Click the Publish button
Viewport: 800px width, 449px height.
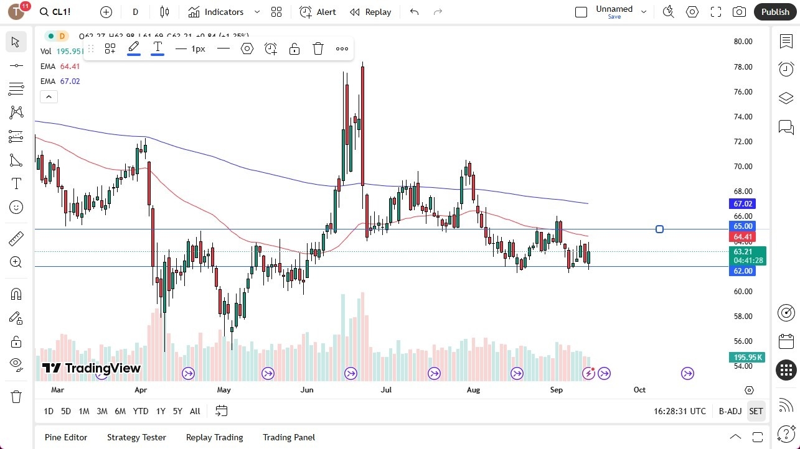pos(774,12)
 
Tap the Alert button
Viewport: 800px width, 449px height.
pos(318,12)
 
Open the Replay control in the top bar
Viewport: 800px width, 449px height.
pos(370,12)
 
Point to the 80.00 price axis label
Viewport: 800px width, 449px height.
pos(743,42)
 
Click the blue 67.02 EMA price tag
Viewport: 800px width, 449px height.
pos(743,204)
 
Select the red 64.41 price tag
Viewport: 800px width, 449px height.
pos(743,237)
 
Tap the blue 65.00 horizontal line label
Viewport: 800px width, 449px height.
pos(743,226)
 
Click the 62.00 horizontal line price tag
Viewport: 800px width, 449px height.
pos(743,271)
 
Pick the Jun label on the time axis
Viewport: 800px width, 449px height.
pos(307,390)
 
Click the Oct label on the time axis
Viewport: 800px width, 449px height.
pos(639,390)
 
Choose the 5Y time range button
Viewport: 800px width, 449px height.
pos(177,411)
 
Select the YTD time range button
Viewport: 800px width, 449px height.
pos(141,411)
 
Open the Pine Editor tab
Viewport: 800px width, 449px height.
pos(66,437)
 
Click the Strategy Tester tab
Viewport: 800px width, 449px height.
pos(136,437)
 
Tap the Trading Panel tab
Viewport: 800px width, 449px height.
pos(288,437)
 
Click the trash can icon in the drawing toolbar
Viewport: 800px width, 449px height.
pos(318,49)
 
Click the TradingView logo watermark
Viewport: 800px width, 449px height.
pos(92,368)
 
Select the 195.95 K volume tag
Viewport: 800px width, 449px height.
pos(747,358)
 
